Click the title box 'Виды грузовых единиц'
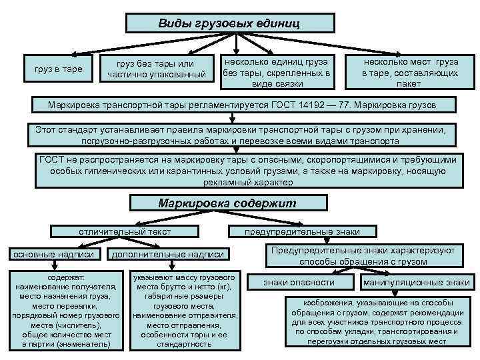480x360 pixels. [x=229, y=23]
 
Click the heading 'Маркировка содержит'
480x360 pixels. [x=227, y=203]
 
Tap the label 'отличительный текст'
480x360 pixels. [x=124, y=231]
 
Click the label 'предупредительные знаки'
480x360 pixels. [x=302, y=231]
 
